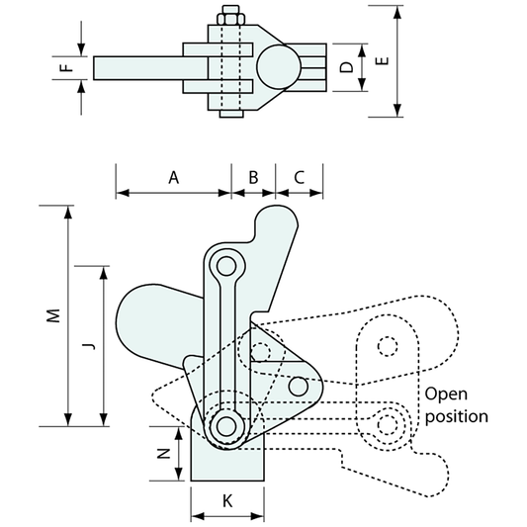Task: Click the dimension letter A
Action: (173, 177)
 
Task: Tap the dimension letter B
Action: (253, 177)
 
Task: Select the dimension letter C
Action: (300, 177)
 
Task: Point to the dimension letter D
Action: (346, 67)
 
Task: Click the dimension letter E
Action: (382, 61)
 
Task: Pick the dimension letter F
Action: (68, 67)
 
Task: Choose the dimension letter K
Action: (227, 501)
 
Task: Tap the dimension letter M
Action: (53, 315)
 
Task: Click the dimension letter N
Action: (164, 454)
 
